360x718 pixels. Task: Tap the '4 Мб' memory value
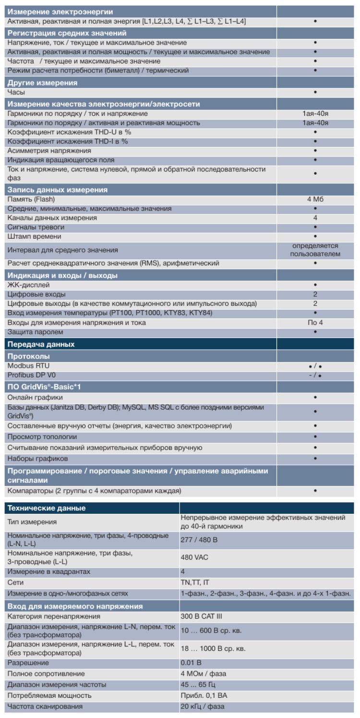(x=315, y=199)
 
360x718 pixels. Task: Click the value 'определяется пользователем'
(x=315, y=250)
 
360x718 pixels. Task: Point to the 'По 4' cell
(x=315, y=322)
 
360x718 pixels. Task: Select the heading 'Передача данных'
(x=41, y=344)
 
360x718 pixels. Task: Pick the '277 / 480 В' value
(x=199, y=540)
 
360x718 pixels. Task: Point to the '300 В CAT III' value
(x=201, y=616)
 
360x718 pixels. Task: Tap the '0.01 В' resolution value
(x=191, y=663)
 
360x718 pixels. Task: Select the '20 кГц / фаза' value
(x=202, y=706)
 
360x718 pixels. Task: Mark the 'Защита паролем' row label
(x=35, y=332)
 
